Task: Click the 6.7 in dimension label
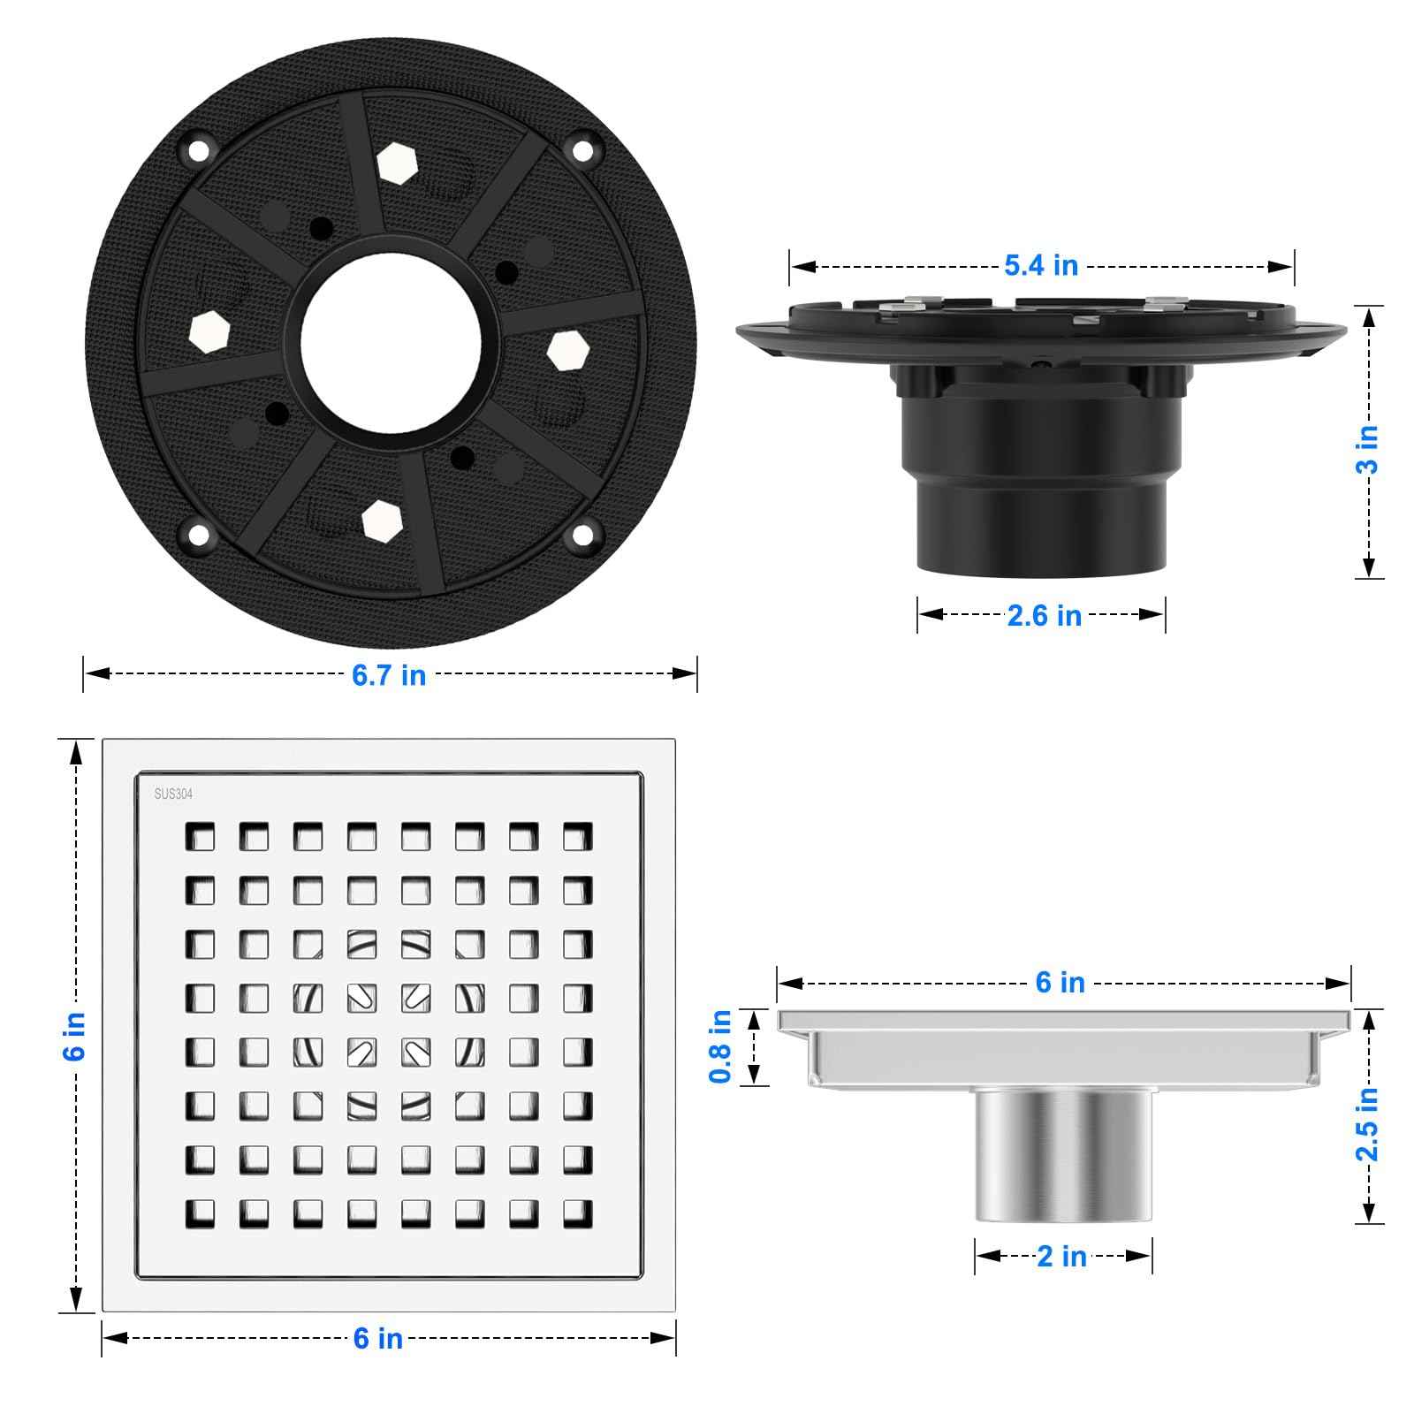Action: (389, 675)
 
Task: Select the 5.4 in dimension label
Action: (1041, 265)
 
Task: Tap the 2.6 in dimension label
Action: (1044, 615)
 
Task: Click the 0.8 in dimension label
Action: (721, 1046)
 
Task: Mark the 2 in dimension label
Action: (1061, 1256)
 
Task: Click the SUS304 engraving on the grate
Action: (173, 794)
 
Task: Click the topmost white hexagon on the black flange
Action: (392, 163)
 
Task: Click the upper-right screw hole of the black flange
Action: (582, 149)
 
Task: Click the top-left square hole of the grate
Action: (200, 835)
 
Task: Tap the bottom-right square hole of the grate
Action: (577, 1213)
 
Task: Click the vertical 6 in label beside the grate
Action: (76, 1036)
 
